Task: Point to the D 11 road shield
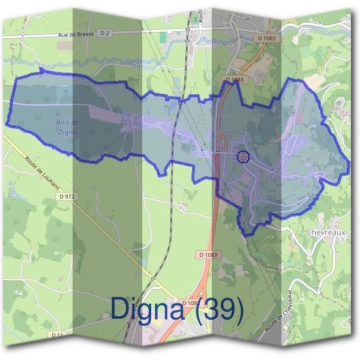58,334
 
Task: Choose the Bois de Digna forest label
67,127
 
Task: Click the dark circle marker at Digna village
243,157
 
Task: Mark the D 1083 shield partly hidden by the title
189,302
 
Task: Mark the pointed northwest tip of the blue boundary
41,70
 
